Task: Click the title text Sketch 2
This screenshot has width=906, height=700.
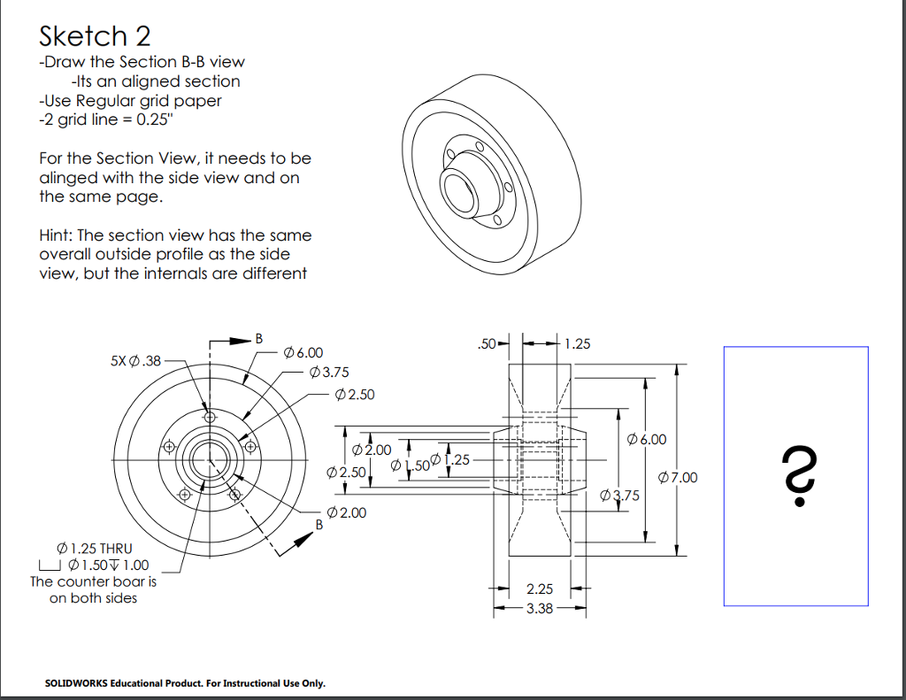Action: [x=95, y=36]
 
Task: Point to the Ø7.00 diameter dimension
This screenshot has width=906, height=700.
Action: [x=679, y=478]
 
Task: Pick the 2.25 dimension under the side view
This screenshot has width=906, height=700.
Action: [x=539, y=588]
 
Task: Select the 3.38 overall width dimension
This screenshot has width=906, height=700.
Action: [x=539, y=609]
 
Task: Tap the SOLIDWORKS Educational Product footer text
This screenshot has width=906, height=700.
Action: [x=185, y=683]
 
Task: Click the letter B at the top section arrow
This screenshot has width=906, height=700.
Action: [x=259, y=338]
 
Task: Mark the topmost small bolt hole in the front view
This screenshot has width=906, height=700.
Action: [x=209, y=416]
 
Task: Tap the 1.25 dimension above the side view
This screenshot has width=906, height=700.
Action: [x=577, y=343]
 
